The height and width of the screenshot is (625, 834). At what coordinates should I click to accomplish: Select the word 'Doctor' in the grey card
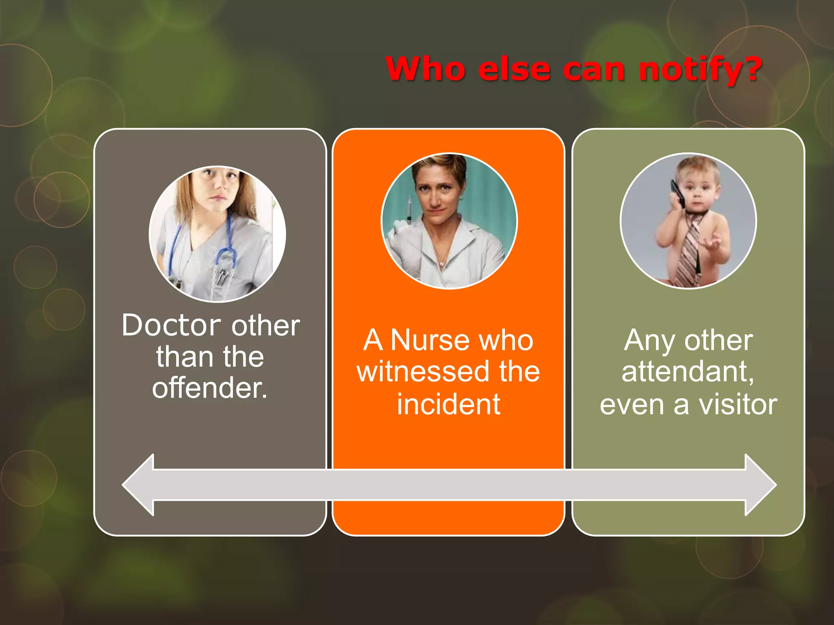(x=171, y=326)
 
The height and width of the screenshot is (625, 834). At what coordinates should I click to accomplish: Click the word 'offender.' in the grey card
(x=210, y=387)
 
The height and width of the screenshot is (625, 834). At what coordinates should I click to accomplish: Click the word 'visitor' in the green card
(x=738, y=404)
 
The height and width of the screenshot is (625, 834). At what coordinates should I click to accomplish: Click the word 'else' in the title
(x=514, y=69)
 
